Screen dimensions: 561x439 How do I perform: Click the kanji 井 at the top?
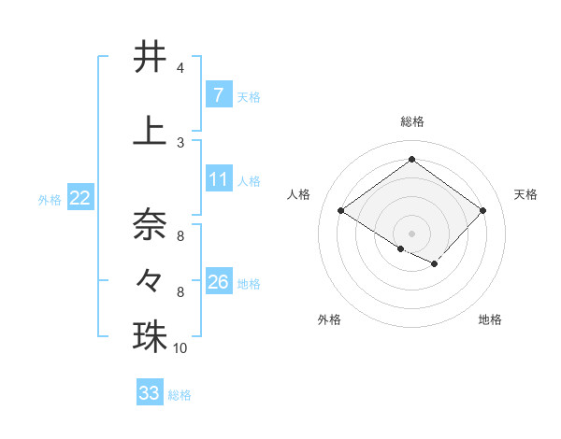150,58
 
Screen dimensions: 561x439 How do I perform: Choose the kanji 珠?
150,336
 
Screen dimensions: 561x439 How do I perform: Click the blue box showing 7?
218,94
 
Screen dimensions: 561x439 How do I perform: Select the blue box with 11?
218,179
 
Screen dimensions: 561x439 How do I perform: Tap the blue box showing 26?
218,282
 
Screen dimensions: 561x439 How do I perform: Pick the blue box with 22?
79,198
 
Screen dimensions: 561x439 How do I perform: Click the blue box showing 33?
149,393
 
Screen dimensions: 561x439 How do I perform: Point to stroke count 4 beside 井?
180,69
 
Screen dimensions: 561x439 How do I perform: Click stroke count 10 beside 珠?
180,348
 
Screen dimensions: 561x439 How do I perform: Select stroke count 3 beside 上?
180,142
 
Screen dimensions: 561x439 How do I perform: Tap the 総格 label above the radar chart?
411,121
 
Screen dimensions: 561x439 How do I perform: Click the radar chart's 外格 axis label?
329,319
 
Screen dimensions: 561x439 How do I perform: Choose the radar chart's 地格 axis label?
490,319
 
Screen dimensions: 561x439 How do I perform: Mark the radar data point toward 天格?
482,211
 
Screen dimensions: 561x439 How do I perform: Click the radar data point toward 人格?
340,211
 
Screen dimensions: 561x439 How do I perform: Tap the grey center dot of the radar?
411,233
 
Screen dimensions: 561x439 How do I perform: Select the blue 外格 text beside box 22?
49,199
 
